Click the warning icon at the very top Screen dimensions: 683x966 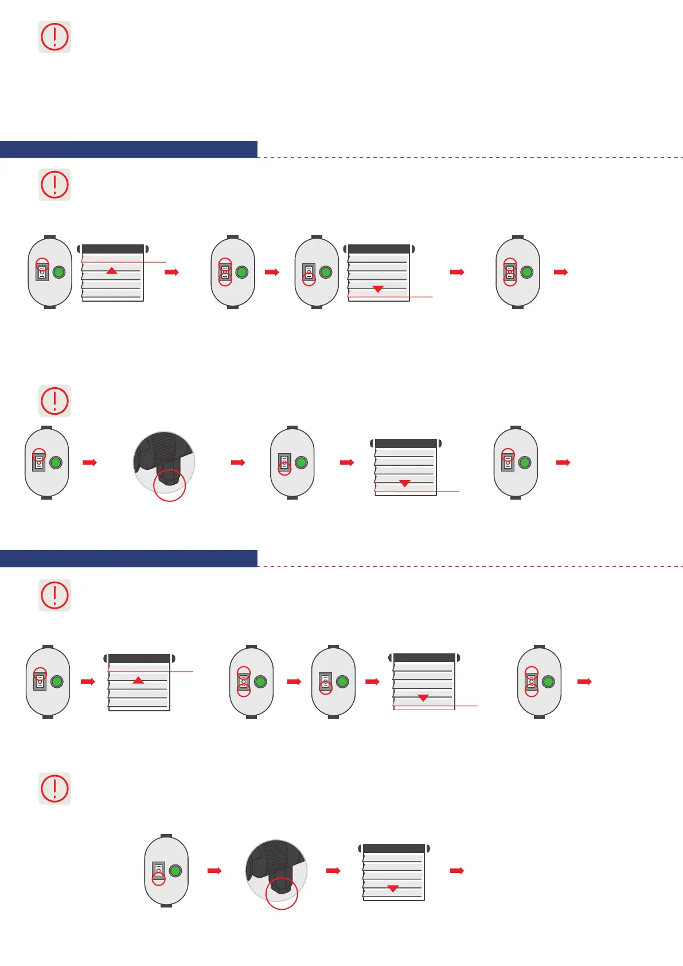coord(54,37)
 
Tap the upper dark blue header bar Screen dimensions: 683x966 coord(128,149)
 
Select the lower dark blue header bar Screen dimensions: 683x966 coord(128,558)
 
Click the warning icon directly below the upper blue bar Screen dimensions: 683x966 coord(54,185)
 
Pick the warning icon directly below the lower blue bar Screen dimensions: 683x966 coord(54,595)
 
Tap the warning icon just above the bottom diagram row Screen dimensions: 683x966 coord(54,788)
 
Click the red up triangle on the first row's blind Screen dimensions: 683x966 coord(112,270)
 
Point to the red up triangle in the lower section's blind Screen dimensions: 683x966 coord(138,680)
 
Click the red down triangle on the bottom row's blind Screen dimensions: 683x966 coord(393,889)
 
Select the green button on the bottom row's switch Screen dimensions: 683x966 coord(175,870)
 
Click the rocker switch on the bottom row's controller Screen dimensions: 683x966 coord(158,871)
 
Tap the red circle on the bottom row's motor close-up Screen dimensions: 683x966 coord(282,893)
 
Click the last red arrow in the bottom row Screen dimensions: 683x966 coord(456,871)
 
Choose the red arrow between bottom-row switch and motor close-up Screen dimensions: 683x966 coord(214,871)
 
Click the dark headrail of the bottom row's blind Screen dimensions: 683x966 coord(394,848)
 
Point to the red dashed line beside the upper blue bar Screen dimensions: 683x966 coord(470,157)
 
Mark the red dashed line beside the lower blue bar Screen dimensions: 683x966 coord(470,566)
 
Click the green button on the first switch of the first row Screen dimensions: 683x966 coord(58,272)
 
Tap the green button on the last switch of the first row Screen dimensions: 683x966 coord(526,272)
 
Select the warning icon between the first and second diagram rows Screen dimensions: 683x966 coord(54,400)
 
